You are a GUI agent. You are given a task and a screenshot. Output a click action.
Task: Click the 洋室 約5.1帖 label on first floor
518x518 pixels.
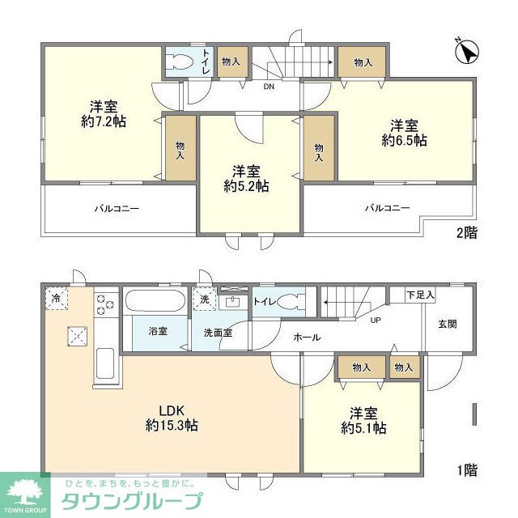point(362,419)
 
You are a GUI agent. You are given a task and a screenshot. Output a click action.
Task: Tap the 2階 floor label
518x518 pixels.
point(466,233)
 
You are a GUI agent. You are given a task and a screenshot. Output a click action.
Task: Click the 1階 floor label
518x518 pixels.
point(465,469)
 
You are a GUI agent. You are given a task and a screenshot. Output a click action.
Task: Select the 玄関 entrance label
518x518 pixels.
point(447,324)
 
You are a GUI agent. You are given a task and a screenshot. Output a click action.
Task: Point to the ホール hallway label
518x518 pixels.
point(307,337)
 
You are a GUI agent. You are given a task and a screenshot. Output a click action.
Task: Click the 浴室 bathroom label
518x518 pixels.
point(157,331)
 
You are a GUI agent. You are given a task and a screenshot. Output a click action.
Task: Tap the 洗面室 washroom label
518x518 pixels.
point(218,331)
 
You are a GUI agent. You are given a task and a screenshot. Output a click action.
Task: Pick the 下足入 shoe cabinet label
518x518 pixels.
point(420,295)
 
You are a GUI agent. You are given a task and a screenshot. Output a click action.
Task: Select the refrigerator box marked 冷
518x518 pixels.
point(55,298)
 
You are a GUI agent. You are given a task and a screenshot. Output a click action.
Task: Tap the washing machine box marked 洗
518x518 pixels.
point(204,298)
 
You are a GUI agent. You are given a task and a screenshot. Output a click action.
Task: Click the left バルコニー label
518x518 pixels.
point(118,208)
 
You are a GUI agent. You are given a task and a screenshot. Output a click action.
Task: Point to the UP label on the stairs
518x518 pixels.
point(376,320)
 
